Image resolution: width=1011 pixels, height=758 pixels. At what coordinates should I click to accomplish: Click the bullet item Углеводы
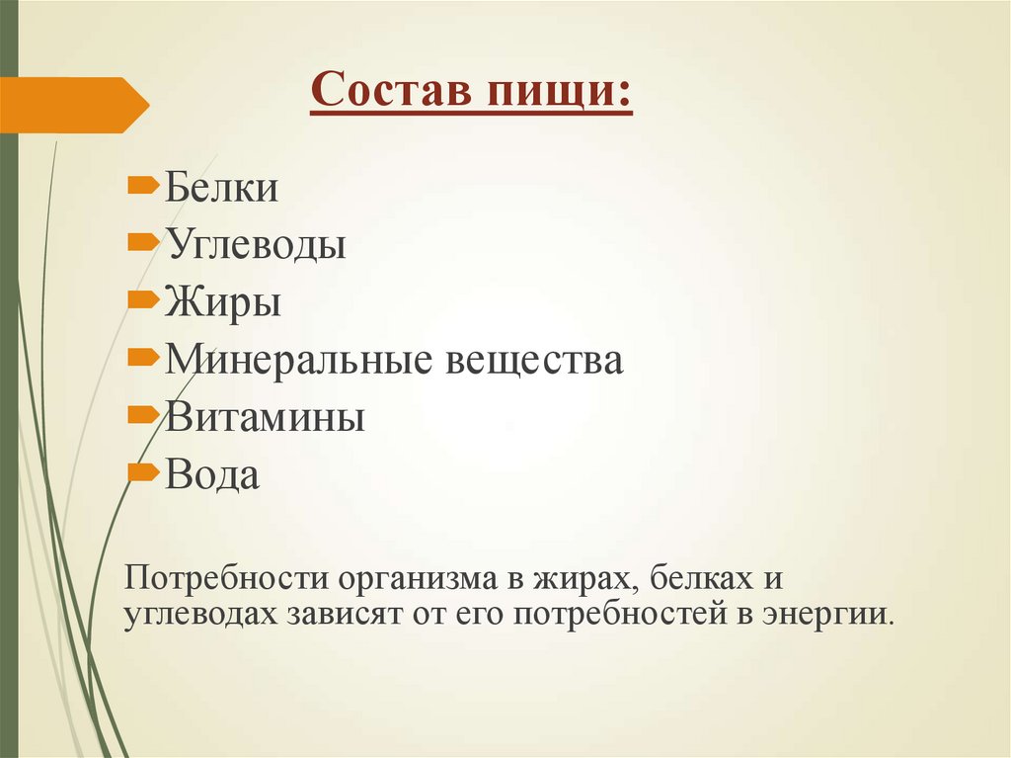click(x=255, y=244)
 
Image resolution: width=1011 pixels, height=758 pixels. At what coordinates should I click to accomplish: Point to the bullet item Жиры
click(x=223, y=301)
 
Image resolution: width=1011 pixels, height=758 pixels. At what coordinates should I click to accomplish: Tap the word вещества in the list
click(x=536, y=360)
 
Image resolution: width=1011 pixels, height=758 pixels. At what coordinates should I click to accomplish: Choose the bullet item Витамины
click(x=265, y=417)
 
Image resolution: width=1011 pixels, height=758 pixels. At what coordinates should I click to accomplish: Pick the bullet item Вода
click(x=212, y=475)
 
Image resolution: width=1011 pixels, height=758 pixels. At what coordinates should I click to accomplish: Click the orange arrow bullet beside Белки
click(x=143, y=183)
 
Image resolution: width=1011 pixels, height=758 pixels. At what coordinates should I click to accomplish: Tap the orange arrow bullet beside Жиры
click(x=143, y=297)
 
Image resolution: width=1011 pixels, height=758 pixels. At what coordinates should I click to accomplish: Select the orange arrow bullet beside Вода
click(x=143, y=471)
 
